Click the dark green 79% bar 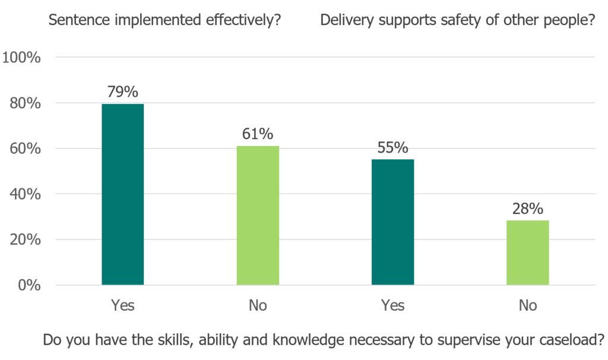(123, 194)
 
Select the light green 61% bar (258, 215)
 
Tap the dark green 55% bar (392, 222)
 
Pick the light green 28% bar (527, 252)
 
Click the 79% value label (123, 92)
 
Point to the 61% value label (258, 134)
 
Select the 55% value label (392, 147)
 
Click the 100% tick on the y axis (22, 58)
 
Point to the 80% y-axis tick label (26, 103)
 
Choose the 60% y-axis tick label (26, 149)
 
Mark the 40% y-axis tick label (26, 194)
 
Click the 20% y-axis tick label (26, 240)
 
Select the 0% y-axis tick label (29, 285)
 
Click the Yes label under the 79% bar (123, 306)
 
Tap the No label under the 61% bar (258, 306)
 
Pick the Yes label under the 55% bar (392, 306)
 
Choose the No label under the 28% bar (527, 306)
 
